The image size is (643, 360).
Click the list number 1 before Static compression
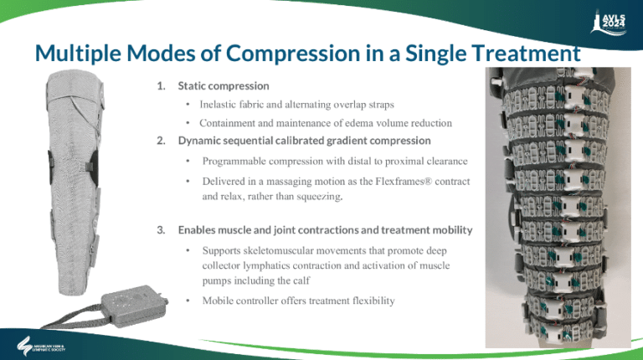point(160,86)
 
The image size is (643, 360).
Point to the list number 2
point(160,140)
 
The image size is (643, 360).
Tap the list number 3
point(160,229)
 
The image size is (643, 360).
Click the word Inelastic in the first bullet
point(221,105)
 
